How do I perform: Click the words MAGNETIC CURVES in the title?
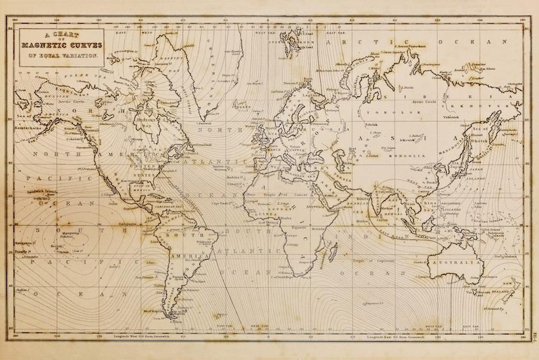tap(62, 45)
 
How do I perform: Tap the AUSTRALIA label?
tap(455, 262)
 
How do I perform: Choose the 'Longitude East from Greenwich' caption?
tap(389, 335)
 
